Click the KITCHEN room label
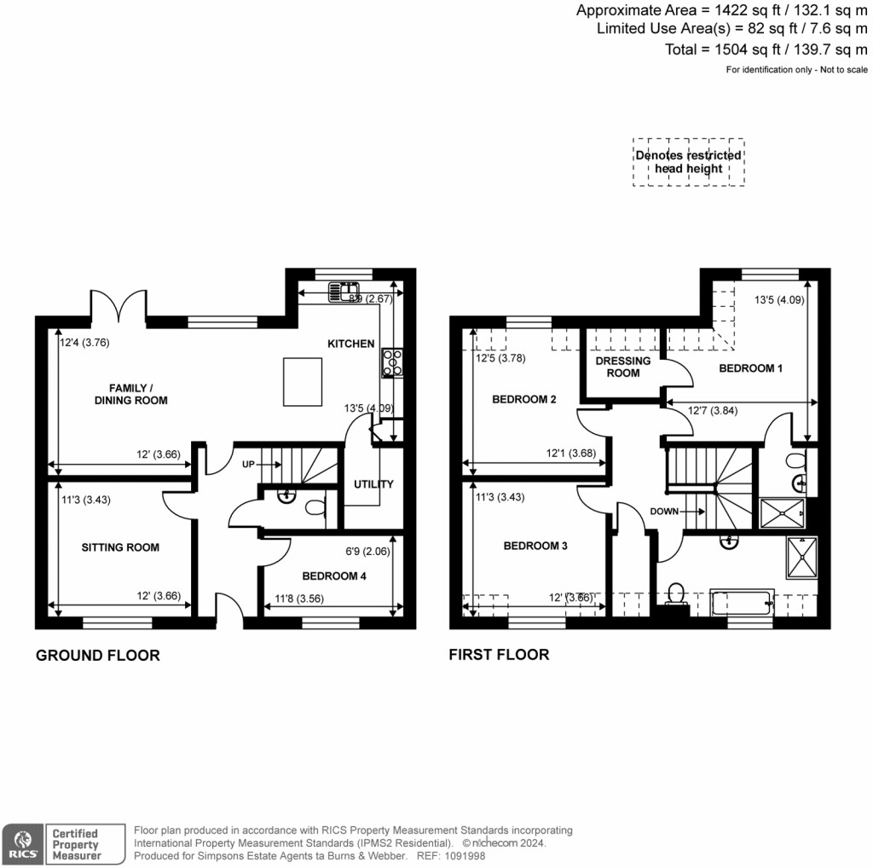pyautogui.click(x=350, y=344)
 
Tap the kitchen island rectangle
pyautogui.click(x=302, y=383)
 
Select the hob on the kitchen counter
pyautogui.click(x=393, y=362)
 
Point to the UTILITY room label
pyautogui.click(x=373, y=484)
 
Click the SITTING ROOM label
pyautogui.click(x=120, y=547)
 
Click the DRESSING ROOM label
pyautogui.click(x=622, y=367)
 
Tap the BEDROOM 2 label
pyautogui.click(x=524, y=399)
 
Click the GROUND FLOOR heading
pyautogui.click(x=97, y=656)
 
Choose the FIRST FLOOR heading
pyautogui.click(x=499, y=655)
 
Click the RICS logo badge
pyautogui.click(x=22, y=842)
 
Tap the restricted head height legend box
pyautogui.click(x=688, y=162)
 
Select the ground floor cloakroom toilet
pyautogui.click(x=314, y=507)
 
